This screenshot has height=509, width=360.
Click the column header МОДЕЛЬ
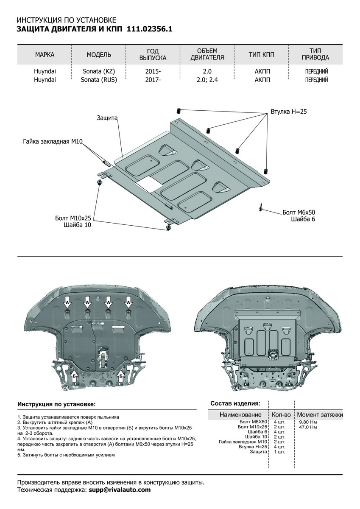[x=99, y=55]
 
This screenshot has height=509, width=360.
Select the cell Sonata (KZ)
[x=99, y=72]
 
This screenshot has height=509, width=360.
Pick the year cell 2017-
[x=153, y=79]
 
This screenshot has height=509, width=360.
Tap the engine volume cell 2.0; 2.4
[x=207, y=79]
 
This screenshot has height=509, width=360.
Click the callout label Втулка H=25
[x=288, y=112]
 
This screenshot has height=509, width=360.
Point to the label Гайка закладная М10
[x=52, y=140]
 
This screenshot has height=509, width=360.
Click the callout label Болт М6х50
[x=299, y=212]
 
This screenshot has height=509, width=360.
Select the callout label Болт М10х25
[x=73, y=218]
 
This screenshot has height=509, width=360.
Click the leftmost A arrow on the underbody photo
[x=67, y=303]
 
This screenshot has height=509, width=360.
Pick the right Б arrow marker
[x=121, y=375]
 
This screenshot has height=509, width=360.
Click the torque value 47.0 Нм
[x=308, y=427]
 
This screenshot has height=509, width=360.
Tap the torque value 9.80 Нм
[x=308, y=422]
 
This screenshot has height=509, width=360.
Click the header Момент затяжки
[x=320, y=414]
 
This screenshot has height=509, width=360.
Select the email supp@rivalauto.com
[x=120, y=490]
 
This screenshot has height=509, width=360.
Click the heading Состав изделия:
[x=235, y=403]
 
